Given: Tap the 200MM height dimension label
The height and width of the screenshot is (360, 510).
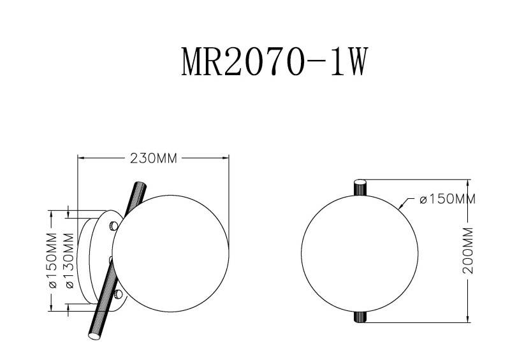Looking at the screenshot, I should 470,250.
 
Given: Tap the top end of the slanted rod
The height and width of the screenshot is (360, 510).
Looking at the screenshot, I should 140,185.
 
